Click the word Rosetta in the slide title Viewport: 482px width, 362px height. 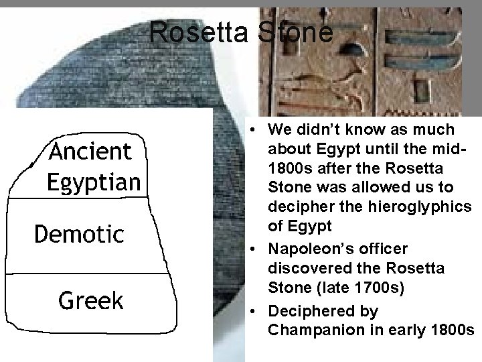(198, 32)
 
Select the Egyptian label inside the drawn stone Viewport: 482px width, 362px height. (94, 181)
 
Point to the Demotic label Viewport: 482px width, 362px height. (79, 235)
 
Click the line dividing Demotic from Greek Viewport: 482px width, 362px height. (87, 273)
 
